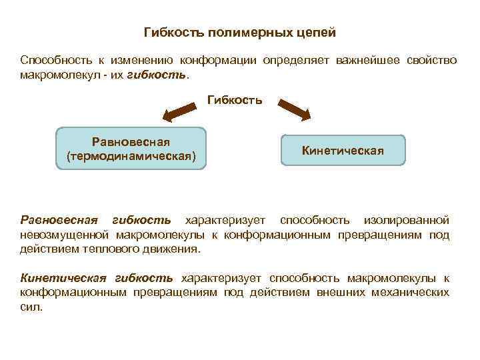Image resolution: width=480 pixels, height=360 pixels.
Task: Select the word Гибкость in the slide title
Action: [169, 33]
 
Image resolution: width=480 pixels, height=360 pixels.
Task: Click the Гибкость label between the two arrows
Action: [235, 100]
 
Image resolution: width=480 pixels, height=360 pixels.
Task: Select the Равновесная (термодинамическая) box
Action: [131, 149]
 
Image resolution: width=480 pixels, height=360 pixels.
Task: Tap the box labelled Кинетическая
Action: [343, 151]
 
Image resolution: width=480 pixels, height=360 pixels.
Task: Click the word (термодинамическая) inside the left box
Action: [131, 157]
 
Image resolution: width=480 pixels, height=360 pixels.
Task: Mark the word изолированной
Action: [406, 219]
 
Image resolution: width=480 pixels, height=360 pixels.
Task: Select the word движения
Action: [175, 249]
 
